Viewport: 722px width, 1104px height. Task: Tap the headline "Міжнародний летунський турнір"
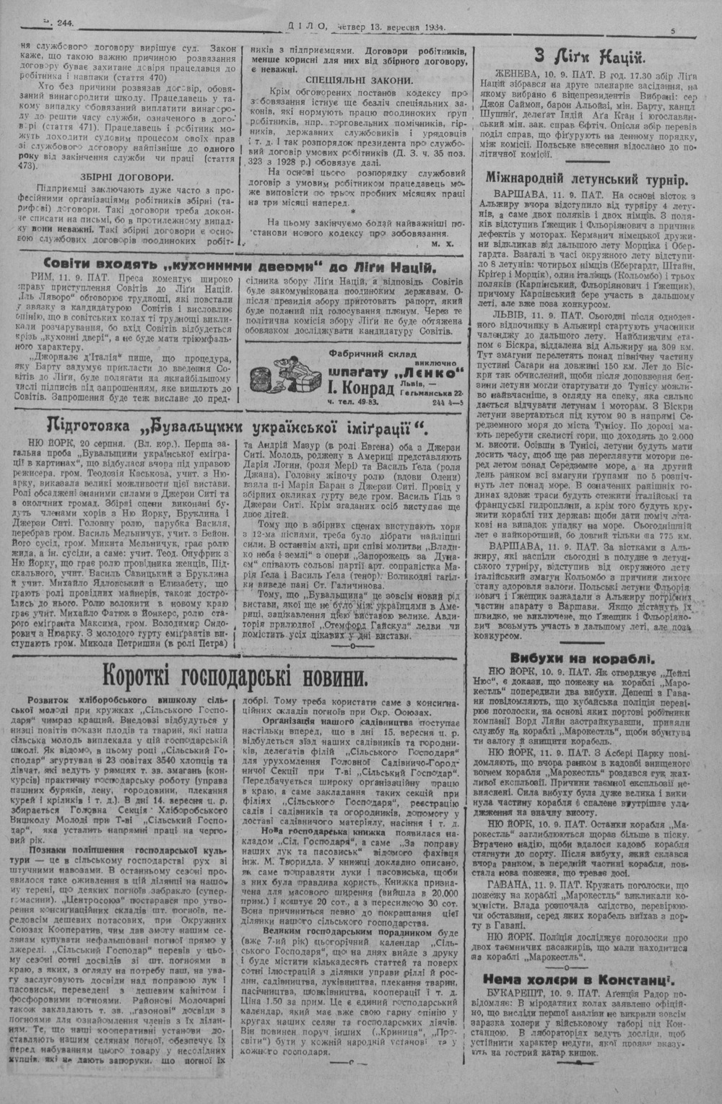tap(586, 180)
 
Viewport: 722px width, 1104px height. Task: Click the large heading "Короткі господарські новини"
tap(233, 677)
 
